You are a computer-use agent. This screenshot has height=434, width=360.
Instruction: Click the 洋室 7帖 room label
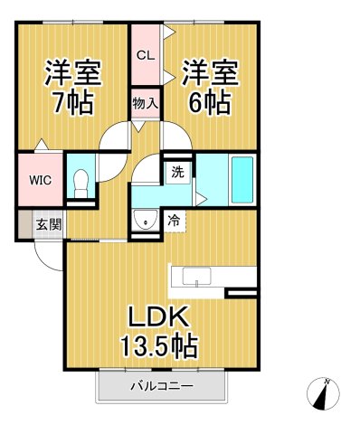coord(72,87)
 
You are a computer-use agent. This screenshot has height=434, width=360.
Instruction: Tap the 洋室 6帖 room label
coord(212,86)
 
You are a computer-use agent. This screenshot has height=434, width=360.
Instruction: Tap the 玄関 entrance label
coord(49,224)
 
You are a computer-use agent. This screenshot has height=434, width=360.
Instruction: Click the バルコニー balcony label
coord(160,386)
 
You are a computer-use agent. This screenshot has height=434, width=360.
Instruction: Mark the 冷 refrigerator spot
coord(174,220)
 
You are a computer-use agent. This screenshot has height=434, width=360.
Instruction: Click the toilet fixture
coord(81,184)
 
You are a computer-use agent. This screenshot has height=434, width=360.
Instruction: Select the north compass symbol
coord(325,393)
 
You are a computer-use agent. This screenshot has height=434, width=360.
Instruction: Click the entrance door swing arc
coord(48,255)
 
